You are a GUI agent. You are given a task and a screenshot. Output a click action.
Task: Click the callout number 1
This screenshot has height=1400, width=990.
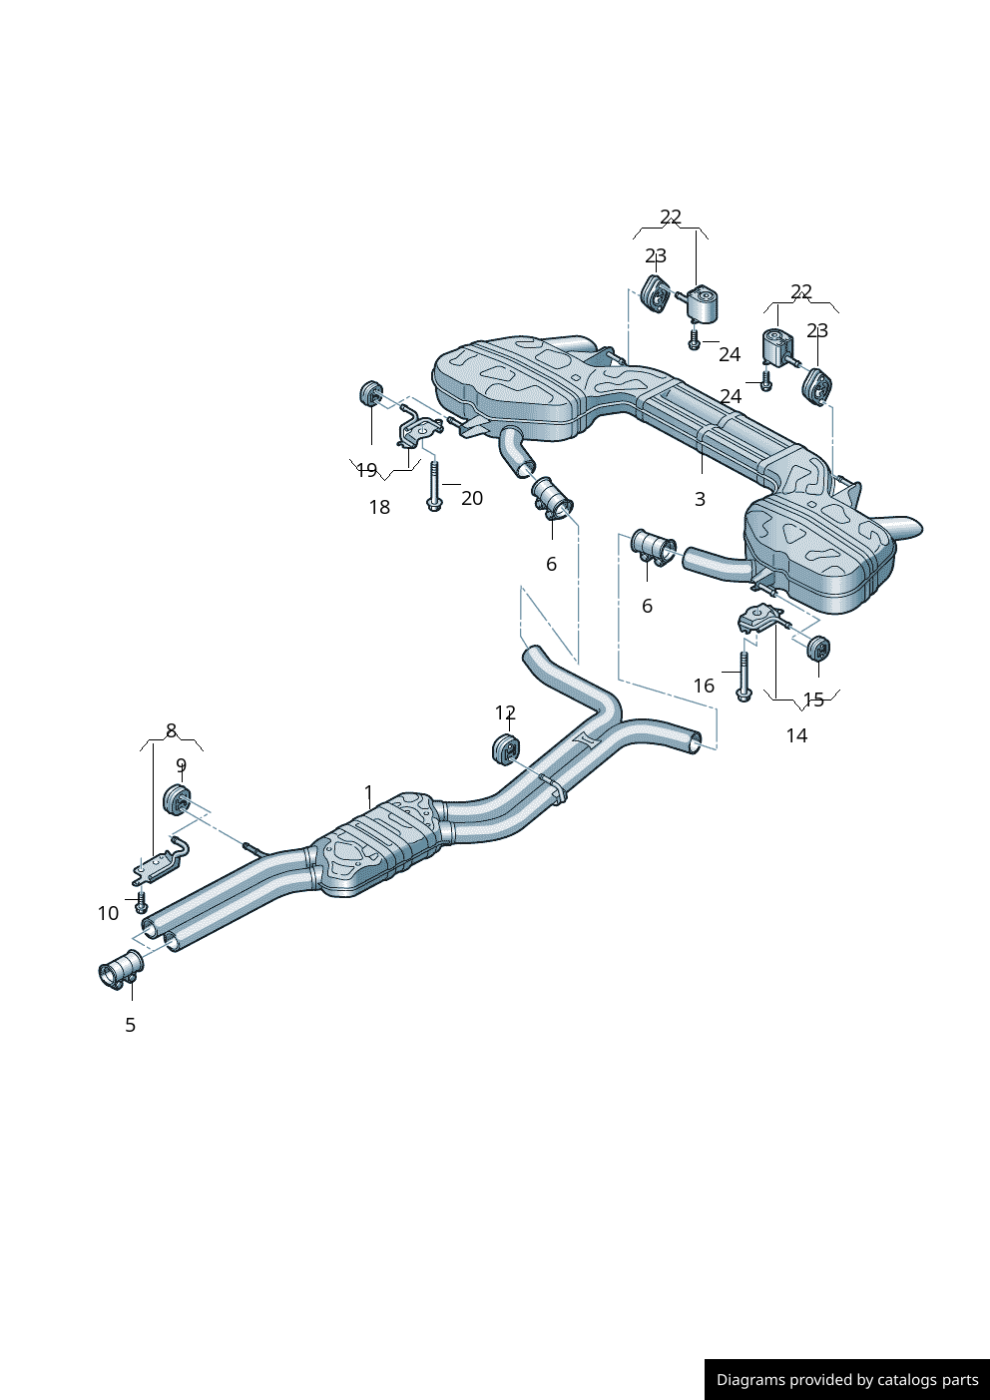(x=368, y=793)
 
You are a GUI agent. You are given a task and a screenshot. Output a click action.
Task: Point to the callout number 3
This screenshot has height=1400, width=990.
(x=700, y=499)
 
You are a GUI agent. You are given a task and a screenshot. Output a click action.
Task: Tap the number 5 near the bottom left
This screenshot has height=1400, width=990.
(x=130, y=1025)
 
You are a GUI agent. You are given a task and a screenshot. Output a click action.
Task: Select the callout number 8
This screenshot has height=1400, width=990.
(x=172, y=729)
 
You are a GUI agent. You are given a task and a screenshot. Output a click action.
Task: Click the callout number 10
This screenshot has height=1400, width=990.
(x=108, y=913)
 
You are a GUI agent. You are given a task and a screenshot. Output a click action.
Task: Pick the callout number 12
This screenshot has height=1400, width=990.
(x=505, y=712)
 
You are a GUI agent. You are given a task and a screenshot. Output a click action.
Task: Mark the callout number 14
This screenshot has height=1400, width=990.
(x=796, y=735)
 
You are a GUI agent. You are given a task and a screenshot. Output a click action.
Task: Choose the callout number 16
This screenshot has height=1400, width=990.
(x=704, y=686)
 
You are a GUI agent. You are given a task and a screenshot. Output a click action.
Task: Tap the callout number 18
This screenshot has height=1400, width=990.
(x=379, y=507)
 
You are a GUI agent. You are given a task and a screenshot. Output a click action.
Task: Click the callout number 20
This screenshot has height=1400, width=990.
(x=472, y=498)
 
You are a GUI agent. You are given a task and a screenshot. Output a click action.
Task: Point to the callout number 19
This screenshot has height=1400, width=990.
(x=367, y=470)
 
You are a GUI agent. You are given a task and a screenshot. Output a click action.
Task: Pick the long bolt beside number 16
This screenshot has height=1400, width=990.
(x=743, y=677)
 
